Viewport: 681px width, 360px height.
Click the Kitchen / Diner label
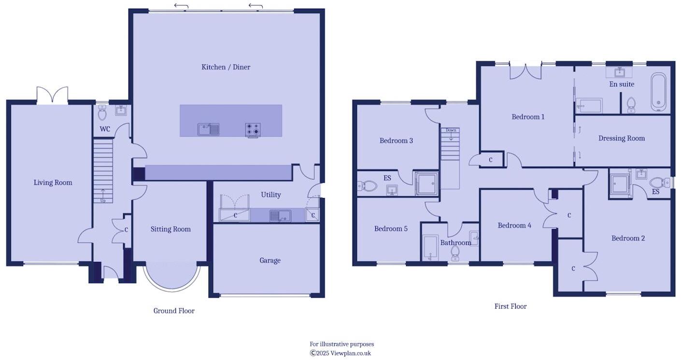226,67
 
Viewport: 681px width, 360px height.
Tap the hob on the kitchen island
253,130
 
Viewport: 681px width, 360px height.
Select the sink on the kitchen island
208,129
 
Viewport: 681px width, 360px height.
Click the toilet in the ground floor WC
102,113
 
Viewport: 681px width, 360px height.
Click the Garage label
270,260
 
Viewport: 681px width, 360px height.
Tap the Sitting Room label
170,229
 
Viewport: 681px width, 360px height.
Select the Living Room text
53,183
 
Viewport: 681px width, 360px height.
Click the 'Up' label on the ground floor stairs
103,201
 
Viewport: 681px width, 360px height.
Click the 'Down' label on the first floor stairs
451,130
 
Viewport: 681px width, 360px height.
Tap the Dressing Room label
621,138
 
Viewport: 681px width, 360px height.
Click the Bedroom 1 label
528,117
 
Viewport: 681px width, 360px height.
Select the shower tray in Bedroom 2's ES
620,184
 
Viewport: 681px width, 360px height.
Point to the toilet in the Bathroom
455,253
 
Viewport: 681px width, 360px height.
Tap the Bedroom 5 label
391,229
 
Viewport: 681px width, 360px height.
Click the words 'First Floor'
510,306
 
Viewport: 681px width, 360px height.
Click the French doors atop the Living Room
52,96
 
